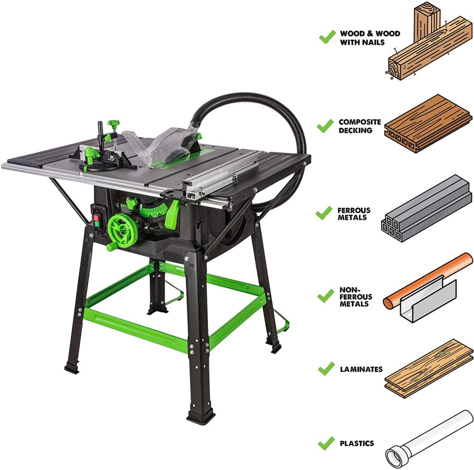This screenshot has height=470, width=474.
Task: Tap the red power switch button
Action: (x=95, y=219)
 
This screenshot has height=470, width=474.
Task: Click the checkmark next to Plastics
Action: (x=326, y=444)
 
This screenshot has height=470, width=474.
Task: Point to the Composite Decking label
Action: (x=360, y=126)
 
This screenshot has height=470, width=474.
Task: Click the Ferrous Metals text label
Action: (x=353, y=214)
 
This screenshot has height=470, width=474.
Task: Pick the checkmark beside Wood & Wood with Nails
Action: (x=327, y=37)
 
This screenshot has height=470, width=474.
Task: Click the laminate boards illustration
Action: (x=428, y=368)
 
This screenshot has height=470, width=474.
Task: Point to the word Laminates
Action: (x=361, y=369)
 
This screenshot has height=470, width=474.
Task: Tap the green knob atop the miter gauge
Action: (x=114, y=123)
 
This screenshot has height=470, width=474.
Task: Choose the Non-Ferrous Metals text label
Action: (x=354, y=297)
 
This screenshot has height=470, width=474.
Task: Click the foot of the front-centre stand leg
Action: (x=201, y=419)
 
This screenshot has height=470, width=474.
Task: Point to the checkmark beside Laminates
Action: (x=326, y=369)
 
